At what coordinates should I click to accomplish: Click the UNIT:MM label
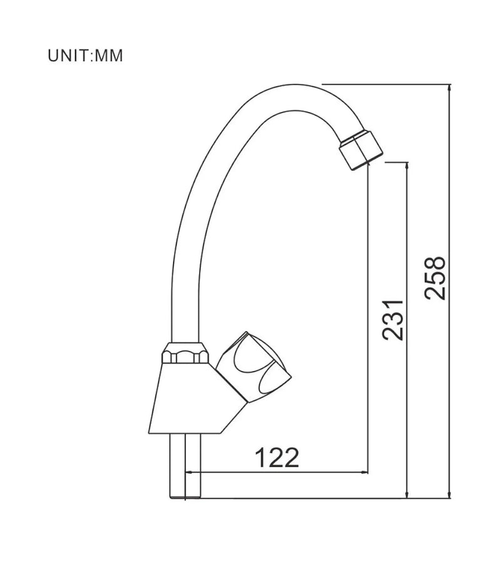(85, 56)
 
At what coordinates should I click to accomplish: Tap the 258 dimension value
(435, 278)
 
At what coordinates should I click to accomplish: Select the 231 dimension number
(393, 320)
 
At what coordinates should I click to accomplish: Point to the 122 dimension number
(277, 457)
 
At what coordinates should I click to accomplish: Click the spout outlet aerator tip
(361, 150)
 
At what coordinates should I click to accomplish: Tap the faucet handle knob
(253, 367)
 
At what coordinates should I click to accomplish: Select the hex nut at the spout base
(185, 354)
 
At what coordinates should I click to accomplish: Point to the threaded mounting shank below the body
(185, 466)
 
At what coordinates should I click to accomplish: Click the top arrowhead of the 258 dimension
(449, 88)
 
